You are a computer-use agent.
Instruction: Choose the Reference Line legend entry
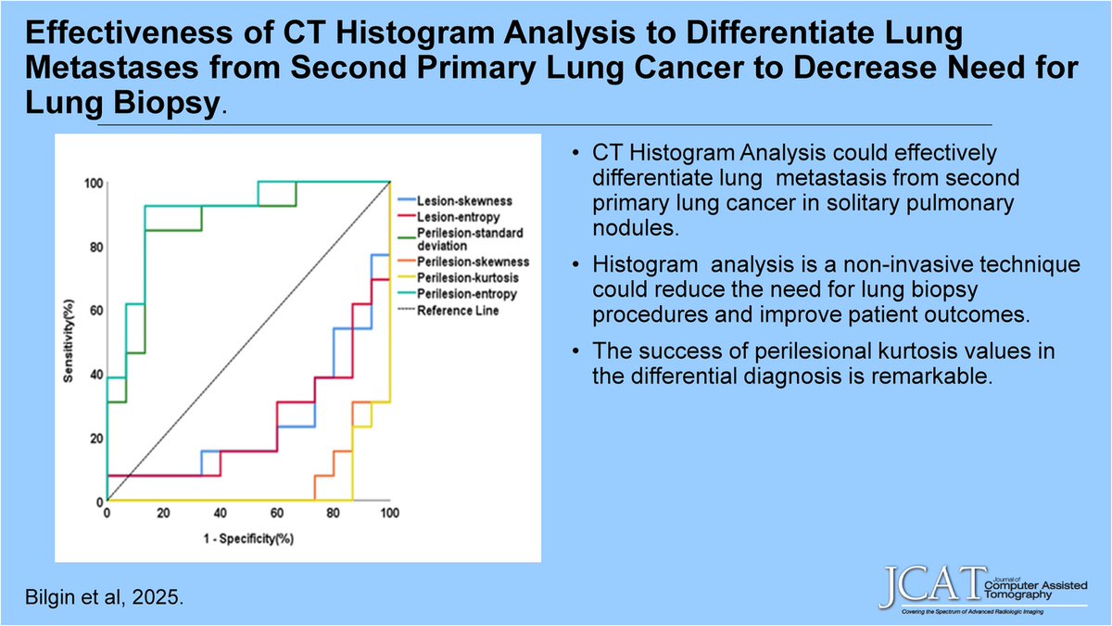[457, 310]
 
